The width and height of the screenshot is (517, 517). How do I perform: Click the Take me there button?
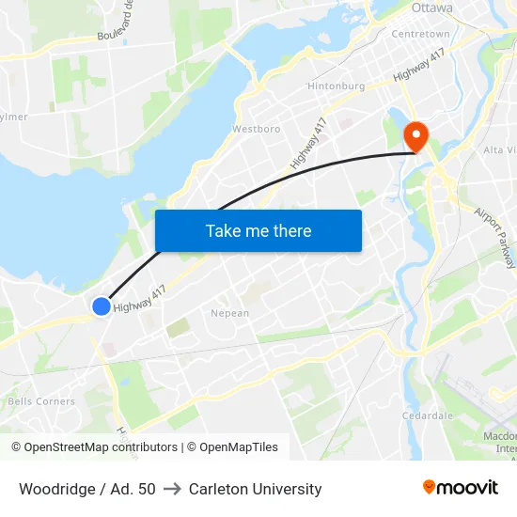pos(258,230)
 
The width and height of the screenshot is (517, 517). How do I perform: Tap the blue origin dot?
pos(102,305)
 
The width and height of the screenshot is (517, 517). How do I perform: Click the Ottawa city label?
pos(431,8)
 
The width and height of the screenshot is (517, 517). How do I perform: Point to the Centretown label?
pos(419,34)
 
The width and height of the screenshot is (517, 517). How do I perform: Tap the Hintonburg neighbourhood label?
pos(336,86)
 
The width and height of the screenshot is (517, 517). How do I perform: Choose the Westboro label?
pos(256,129)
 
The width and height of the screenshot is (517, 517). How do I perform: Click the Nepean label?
pos(230,313)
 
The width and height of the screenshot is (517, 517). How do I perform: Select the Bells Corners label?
pos(40,401)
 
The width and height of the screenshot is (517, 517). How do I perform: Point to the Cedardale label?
pos(428,415)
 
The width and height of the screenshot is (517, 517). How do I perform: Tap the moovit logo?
pos(460,487)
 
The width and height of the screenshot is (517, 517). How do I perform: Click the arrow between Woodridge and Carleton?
pos(172,489)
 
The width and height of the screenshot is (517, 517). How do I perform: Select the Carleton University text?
pos(255,489)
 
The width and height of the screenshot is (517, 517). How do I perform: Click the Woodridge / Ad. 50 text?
pos(87,489)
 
